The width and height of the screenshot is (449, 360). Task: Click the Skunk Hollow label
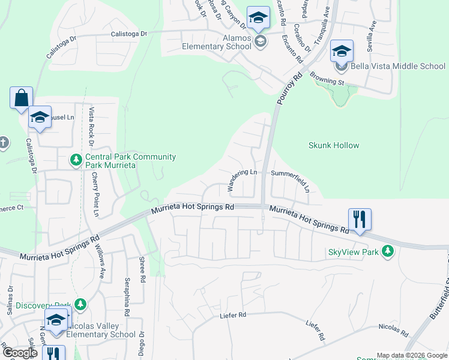(334, 145)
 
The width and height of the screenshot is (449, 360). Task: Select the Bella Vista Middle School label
(398, 66)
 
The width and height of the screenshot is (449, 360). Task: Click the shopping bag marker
(21, 98)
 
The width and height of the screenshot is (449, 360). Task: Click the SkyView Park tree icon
(388, 252)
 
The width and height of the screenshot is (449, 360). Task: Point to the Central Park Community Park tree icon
(76, 160)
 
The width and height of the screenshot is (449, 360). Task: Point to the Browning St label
(327, 77)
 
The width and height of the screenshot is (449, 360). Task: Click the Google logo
(19, 353)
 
